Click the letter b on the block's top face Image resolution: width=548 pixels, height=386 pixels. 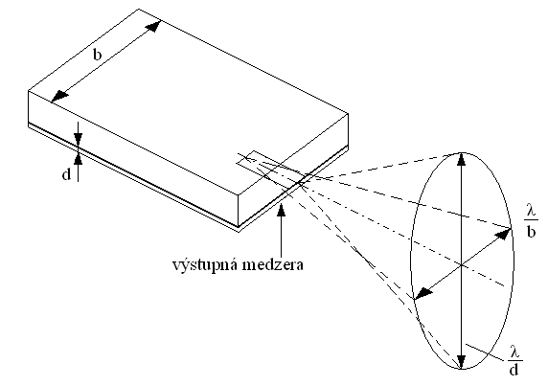coord(98,55)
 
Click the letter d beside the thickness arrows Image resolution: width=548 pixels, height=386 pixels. coord(66,174)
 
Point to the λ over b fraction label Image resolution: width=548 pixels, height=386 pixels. coord(531,220)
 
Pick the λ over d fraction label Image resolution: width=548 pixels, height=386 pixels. coord(514,360)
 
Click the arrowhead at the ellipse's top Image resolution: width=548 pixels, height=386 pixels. coord(462,159)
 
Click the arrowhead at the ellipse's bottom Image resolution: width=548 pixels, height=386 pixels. coord(462,361)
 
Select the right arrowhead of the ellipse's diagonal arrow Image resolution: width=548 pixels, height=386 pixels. coord(504,234)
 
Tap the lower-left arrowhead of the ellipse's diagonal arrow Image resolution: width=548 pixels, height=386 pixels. coord(422,293)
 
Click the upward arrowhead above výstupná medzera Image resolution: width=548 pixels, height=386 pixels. coord(281,209)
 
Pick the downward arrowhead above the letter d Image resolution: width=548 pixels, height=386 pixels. coord(78,139)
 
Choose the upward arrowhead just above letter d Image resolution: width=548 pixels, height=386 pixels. coord(78,159)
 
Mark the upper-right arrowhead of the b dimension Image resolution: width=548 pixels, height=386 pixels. coord(154,26)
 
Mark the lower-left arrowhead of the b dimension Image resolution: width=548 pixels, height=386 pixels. coord(59,97)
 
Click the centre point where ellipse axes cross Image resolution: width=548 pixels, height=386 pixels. coord(462,265)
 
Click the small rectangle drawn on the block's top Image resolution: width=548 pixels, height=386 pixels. coord(259,163)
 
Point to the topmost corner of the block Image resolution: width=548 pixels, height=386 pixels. coord(139,9)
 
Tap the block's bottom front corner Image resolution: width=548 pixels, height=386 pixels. coord(239,232)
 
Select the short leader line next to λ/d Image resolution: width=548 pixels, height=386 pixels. coord(486,352)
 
